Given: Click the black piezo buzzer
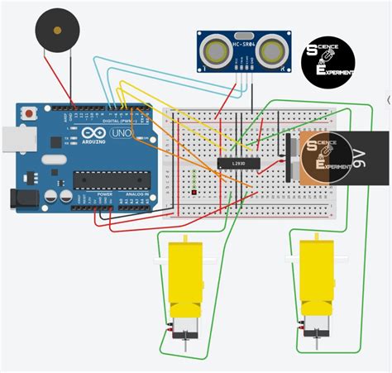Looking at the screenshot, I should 55,33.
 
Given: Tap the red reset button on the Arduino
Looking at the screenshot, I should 31,112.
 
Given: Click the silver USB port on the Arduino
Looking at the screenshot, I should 10,140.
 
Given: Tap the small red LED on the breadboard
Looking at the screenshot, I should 192,193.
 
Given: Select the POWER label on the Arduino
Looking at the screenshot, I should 105,217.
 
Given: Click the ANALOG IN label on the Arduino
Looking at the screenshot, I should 137,217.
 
